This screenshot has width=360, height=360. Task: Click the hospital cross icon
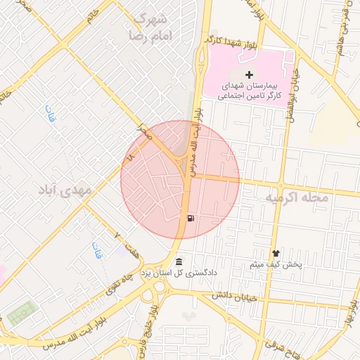pyautogui.click(x=249, y=75)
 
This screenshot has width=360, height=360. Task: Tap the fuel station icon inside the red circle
pyautogui.click(x=191, y=217)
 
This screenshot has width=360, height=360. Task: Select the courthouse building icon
pyautogui.click(x=179, y=261)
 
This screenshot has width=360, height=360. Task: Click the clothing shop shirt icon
pyautogui.click(x=275, y=254)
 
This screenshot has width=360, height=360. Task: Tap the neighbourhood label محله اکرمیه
pyautogui.click(x=296, y=198)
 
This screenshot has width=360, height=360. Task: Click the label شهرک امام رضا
pyautogui.click(x=150, y=26)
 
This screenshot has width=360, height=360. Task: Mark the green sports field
pyautogui.click(x=22, y=310)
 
